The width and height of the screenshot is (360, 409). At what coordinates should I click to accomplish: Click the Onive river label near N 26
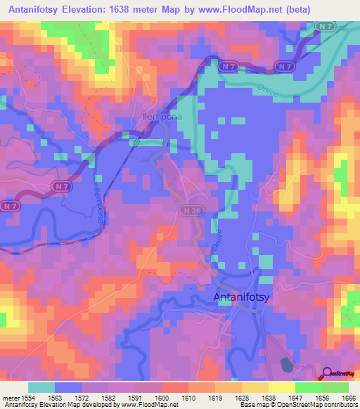click(x=217, y=240)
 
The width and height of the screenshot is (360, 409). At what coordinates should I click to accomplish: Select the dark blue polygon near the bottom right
click(x=286, y=364)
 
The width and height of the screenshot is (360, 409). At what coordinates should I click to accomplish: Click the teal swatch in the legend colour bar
click(x=41, y=387)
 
